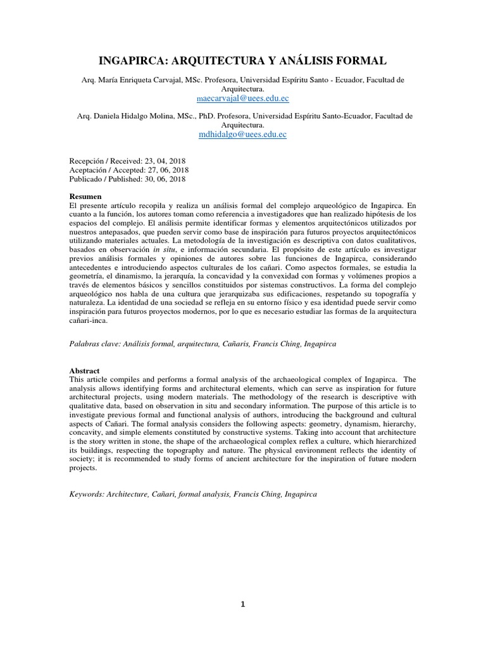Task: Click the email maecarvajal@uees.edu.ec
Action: click(x=244, y=99)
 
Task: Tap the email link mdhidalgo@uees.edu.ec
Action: click(x=243, y=135)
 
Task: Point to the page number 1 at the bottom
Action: click(x=242, y=604)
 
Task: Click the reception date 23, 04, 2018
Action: click(x=159, y=160)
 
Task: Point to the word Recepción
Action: click(x=86, y=160)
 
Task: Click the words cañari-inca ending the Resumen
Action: click(x=90, y=320)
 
